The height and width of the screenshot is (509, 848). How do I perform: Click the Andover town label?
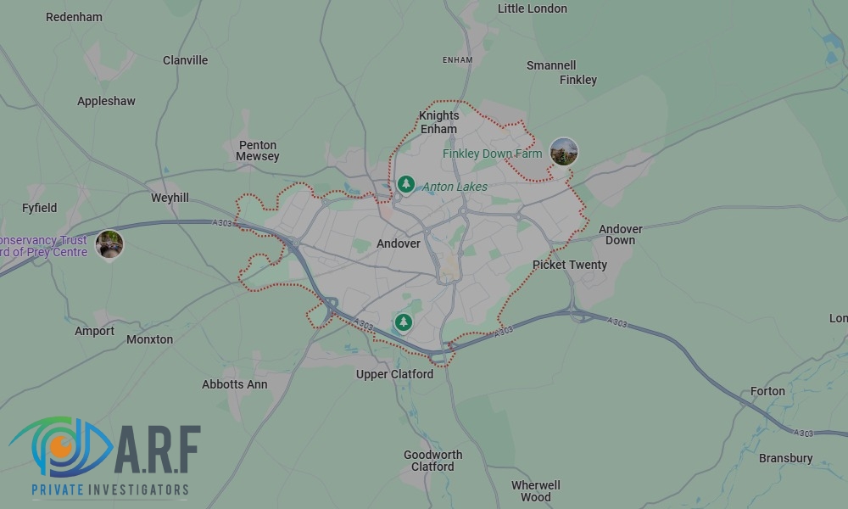(x=399, y=243)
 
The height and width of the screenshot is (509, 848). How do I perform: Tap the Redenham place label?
(x=74, y=17)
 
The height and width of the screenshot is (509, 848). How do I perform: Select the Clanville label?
(x=185, y=60)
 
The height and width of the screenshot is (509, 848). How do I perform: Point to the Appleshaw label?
(x=106, y=101)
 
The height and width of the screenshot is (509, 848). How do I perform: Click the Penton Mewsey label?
(x=258, y=151)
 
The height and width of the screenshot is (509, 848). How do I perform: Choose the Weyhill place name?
(x=170, y=198)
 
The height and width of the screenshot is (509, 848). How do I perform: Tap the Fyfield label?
(x=40, y=208)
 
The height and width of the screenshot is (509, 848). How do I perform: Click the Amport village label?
(x=94, y=331)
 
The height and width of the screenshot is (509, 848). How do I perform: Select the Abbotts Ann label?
(x=234, y=384)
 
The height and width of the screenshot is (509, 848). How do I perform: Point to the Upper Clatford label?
(x=394, y=374)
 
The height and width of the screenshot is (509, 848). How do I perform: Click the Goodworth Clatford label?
(x=432, y=461)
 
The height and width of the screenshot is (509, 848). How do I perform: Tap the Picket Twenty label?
(x=570, y=265)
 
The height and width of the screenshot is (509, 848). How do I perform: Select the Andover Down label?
(x=621, y=234)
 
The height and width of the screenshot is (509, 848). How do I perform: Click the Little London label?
(x=533, y=8)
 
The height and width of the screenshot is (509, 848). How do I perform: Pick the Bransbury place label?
(x=785, y=458)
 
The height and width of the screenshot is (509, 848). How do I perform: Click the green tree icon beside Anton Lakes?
(x=406, y=183)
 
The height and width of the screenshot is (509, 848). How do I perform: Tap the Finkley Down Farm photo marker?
(x=564, y=152)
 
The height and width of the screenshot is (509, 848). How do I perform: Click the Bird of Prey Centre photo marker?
(x=109, y=244)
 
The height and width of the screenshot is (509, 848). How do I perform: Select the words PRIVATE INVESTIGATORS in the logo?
(x=109, y=490)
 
